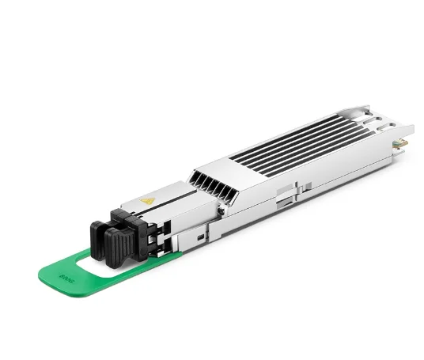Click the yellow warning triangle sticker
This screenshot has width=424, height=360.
pyautogui.click(x=146, y=202)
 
